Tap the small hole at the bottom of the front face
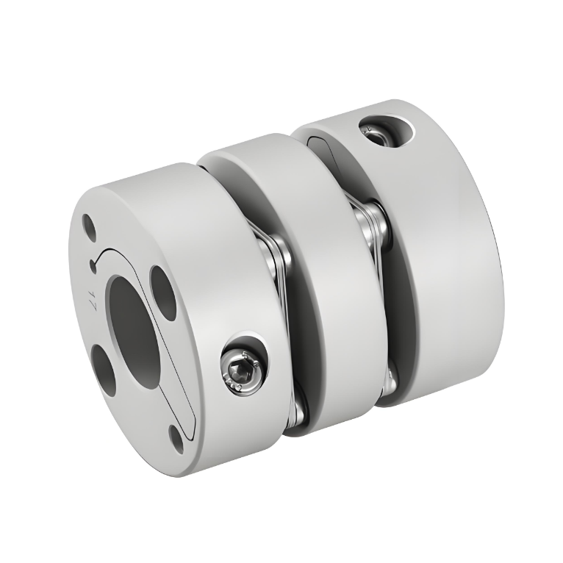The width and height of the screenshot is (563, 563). [x=177, y=440]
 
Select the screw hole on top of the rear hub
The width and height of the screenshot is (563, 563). [x=373, y=129]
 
